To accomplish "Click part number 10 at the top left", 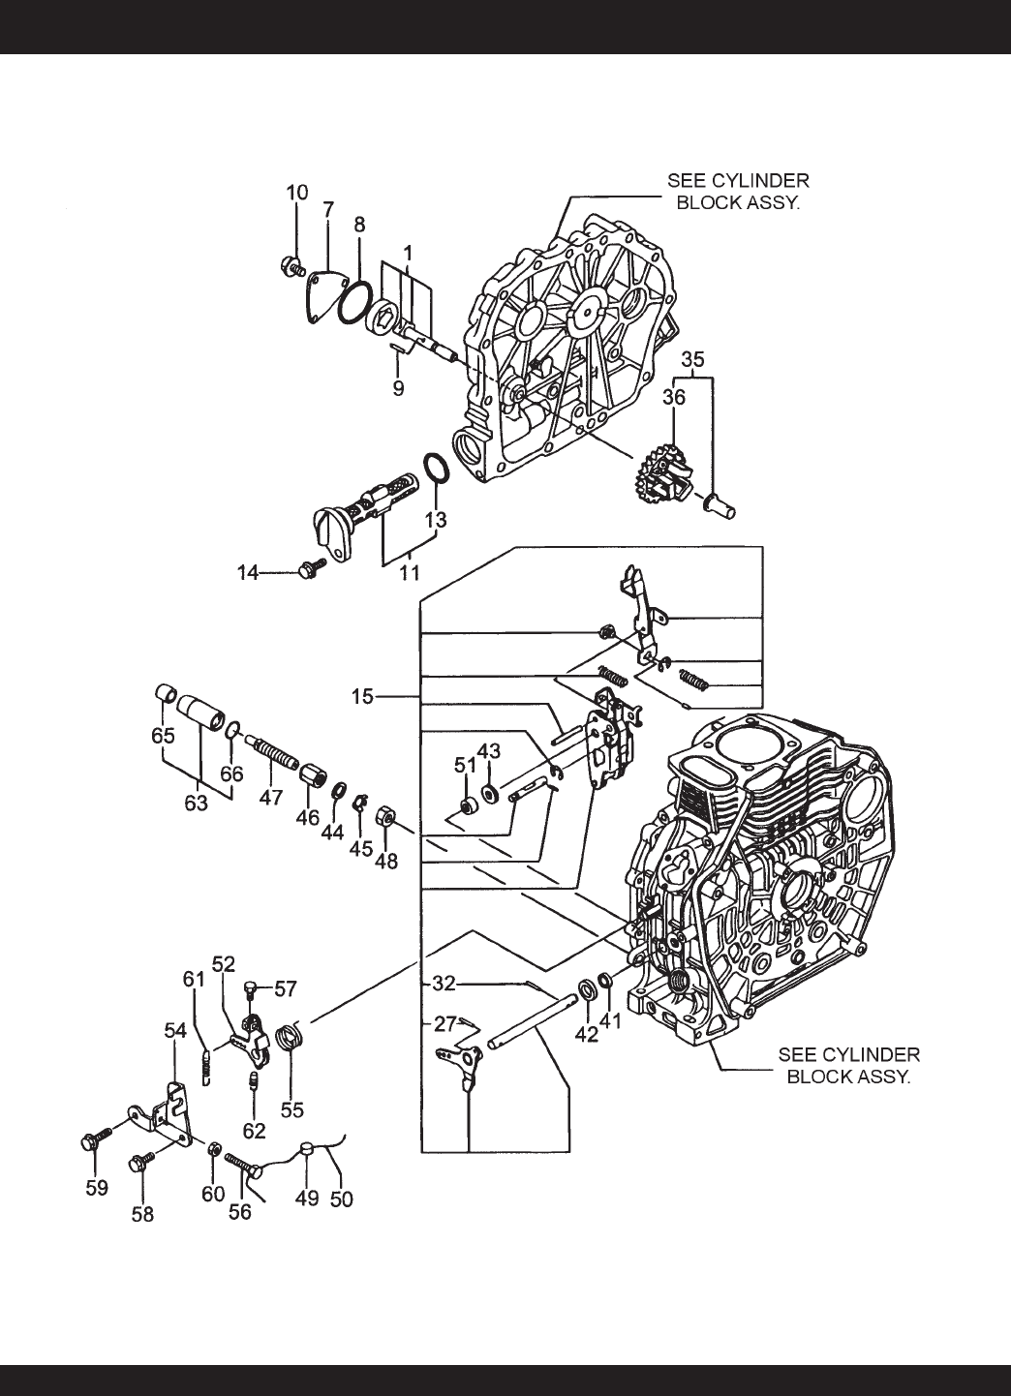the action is pos(297,193).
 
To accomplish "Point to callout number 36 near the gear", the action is pos(673,397).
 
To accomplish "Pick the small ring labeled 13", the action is pos(436,468).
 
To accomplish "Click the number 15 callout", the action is pos(362,696).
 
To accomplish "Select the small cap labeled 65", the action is pos(165,693).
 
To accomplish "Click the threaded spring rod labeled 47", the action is pos(272,752).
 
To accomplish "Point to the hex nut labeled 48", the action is pos(384,814).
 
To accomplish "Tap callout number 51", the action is pos(465,766).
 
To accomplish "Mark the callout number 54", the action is pos(175,1030).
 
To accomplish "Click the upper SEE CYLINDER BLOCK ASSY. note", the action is pos(738,192).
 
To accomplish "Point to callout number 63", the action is pos(196,803).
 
